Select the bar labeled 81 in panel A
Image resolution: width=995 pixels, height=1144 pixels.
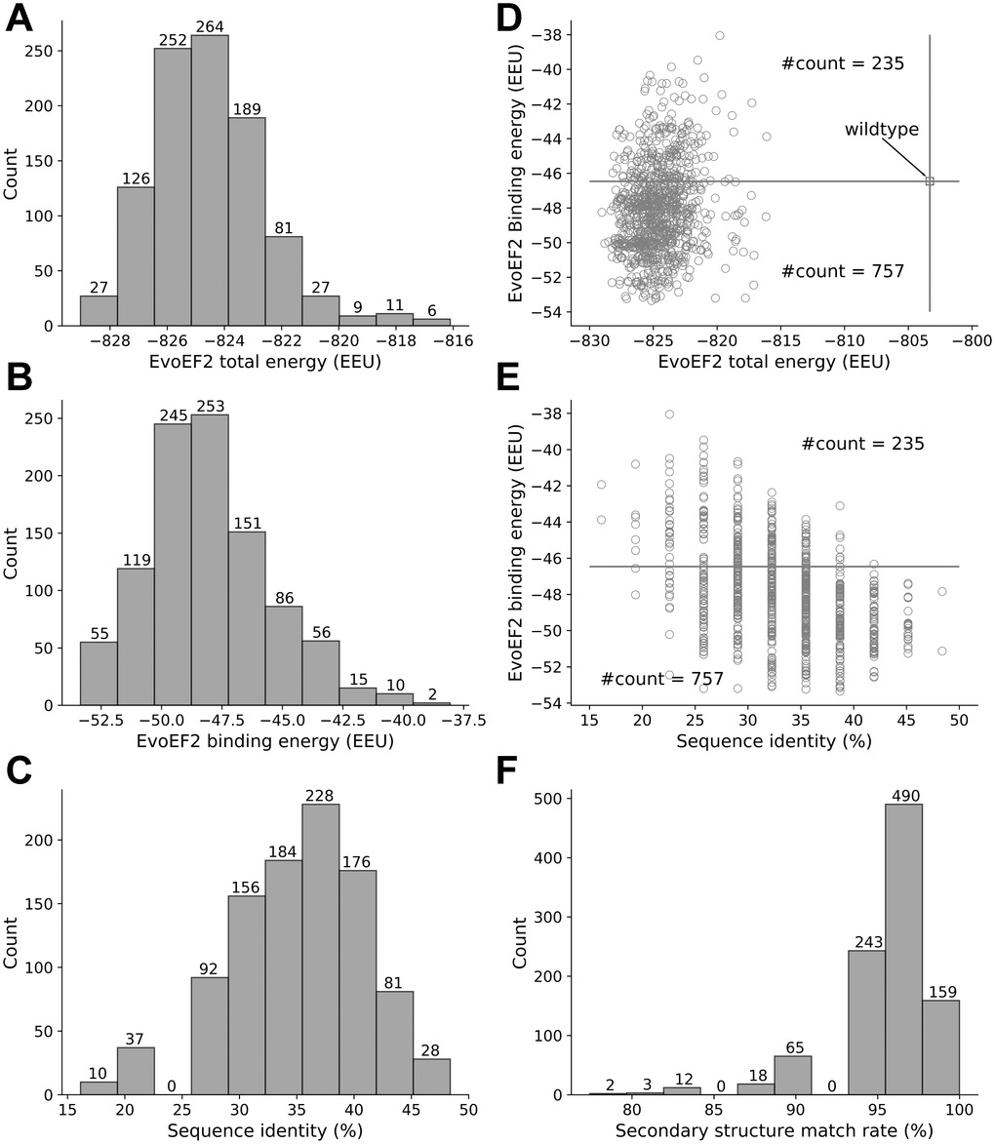[x=284, y=280]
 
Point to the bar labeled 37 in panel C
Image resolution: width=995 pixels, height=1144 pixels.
[x=136, y=1071]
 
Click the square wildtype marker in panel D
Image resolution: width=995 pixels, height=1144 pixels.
[x=930, y=180]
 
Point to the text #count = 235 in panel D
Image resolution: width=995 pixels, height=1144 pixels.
[x=843, y=64]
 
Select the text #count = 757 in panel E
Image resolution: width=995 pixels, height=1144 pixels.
[x=661, y=679]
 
